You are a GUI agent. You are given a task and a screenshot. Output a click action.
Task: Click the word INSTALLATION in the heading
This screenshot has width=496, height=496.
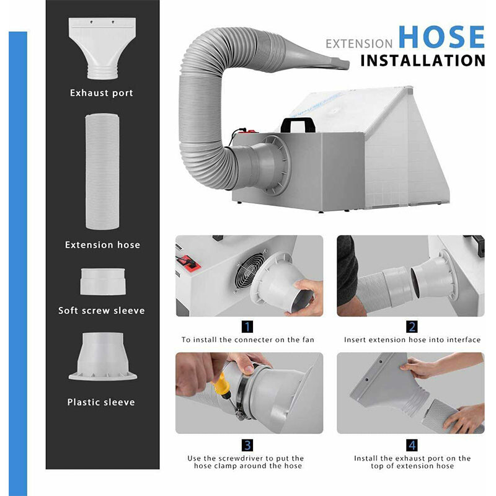coord(422,61)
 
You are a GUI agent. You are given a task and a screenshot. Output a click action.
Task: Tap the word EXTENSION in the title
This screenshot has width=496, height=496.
coord(359,44)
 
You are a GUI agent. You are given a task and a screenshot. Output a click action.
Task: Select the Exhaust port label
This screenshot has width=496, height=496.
coord(102,93)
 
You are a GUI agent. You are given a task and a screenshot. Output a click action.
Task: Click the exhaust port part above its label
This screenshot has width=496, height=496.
coord(102,46)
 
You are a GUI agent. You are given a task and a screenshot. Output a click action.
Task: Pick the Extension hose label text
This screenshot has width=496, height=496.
coord(102,245)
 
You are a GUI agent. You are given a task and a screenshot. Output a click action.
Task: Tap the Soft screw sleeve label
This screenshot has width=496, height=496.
coord(102,311)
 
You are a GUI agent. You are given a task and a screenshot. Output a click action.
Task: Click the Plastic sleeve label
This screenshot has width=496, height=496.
coord(101,402)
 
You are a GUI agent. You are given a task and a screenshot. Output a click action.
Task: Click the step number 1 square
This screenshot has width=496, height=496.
coord(247,326)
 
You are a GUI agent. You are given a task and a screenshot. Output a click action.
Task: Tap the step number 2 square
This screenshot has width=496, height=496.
coord(412,326)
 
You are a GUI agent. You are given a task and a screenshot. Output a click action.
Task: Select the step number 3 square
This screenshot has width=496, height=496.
coord(247,445)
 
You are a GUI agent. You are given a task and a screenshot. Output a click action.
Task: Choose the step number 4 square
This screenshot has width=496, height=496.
coord(412,445)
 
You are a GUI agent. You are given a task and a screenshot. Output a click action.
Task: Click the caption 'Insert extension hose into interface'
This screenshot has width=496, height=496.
coord(412,340)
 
